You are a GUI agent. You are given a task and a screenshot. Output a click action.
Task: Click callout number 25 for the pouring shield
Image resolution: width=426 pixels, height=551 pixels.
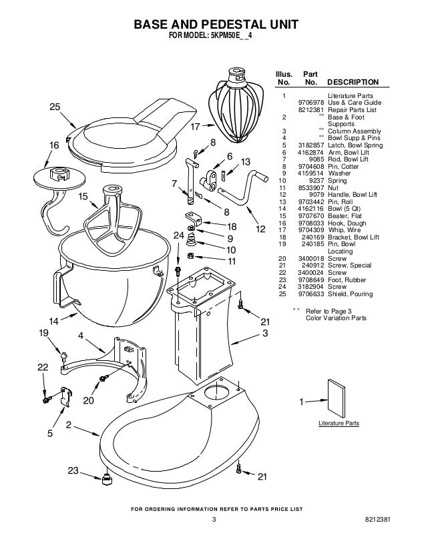coord(55,107)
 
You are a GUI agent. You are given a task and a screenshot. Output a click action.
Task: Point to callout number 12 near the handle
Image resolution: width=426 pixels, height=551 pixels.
coord(261,229)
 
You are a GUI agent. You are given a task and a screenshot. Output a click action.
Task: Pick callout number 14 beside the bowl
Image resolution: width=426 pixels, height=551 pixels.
coord(53,320)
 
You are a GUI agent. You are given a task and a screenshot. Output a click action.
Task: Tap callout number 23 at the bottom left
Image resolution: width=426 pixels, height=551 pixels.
coord(73,471)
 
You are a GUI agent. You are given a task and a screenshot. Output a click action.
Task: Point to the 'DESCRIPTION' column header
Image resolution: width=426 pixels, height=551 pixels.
coord(353,82)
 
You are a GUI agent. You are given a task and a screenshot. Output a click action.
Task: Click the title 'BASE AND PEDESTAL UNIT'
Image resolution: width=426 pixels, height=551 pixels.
coord(214,25)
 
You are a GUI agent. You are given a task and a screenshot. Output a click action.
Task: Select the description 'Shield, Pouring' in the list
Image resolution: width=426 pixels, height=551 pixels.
coord(351,294)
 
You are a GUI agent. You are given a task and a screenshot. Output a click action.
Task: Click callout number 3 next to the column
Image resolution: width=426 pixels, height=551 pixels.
coord(265,332)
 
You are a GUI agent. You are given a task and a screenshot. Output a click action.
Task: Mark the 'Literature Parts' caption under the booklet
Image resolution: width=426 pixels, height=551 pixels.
coord(339,424)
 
